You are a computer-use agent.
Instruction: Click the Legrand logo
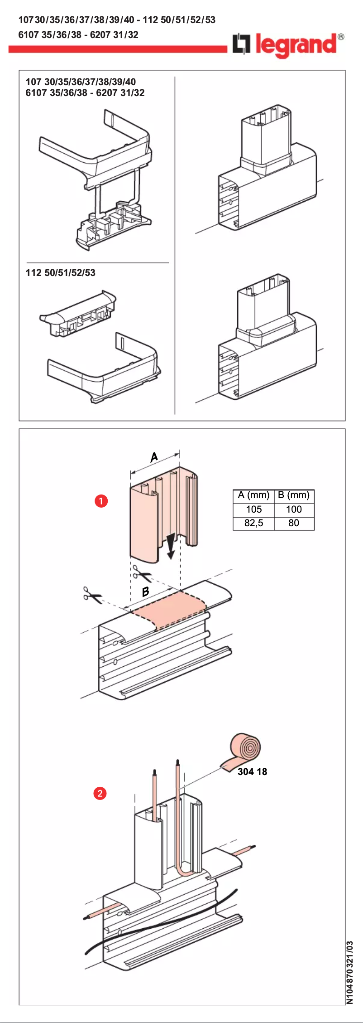[288, 45]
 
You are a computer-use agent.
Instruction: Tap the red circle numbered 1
[101, 501]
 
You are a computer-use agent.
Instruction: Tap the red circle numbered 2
[100, 793]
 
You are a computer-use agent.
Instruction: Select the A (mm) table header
[253, 495]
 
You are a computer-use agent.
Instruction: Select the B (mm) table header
[294, 495]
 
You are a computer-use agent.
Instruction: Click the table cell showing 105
[253, 509]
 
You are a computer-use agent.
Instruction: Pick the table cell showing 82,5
[253, 523]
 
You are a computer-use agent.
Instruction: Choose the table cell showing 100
[294, 509]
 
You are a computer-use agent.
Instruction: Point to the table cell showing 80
[294, 523]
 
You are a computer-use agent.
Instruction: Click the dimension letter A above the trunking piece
[154, 457]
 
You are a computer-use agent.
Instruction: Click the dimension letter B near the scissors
[145, 591]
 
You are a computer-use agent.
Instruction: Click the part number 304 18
[252, 771]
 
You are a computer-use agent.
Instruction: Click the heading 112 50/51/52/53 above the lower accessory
[61, 272]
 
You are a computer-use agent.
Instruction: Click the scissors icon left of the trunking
[92, 595]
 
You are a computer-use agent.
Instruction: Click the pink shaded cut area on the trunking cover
[170, 607]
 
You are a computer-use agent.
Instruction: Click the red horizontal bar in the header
[118, 49]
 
